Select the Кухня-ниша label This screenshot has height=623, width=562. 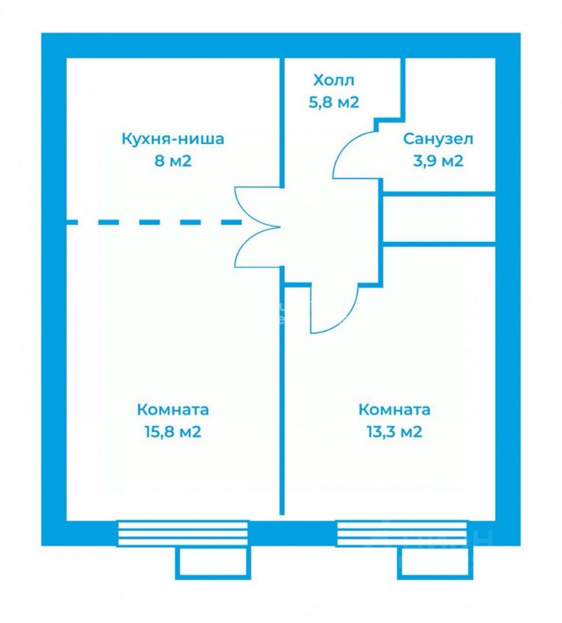click(173, 139)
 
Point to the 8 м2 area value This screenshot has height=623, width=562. click(173, 160)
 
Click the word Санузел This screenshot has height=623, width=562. click(438, 139)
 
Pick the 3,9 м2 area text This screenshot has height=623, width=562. click(438, 160)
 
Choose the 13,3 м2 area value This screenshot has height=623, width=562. click(395, 432)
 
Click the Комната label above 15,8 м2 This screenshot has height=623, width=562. click(173, 410)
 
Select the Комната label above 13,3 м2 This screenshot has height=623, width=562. click(395, 410)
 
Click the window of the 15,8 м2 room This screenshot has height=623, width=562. click(182, 533)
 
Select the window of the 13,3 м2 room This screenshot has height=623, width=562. click(402, 533)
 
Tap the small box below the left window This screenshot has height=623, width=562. click(213, 562)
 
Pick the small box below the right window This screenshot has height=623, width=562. click(432, 562)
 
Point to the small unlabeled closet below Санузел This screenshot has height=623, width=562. click(439, 219)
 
